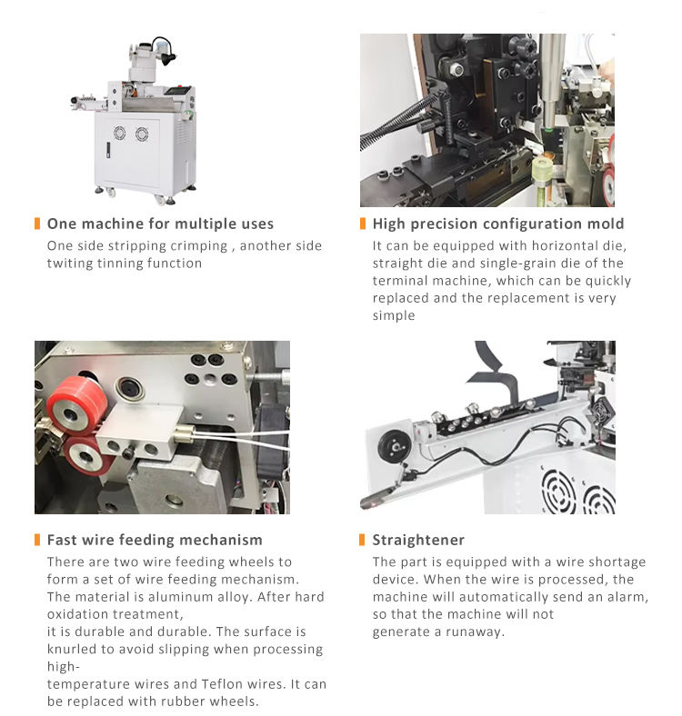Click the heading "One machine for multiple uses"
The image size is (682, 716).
160,224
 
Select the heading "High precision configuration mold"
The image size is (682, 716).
498,224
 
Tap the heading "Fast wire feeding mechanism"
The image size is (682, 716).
155,540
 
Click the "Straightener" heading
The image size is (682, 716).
418,540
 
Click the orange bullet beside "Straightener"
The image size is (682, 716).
362,540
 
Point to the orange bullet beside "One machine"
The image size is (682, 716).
37,224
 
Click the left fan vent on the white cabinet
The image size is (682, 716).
119,133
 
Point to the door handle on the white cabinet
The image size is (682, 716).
108,150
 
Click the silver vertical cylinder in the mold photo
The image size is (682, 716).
551,81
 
